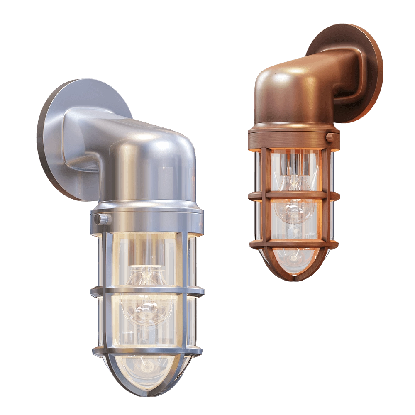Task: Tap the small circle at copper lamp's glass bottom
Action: [x=294, y=258]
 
